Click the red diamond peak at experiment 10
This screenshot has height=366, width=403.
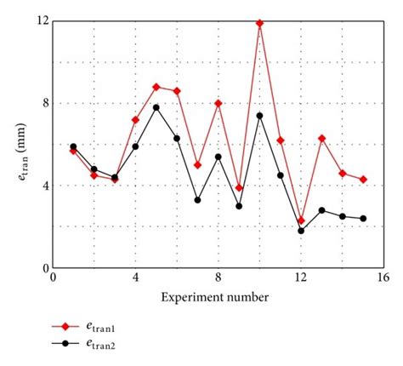pos(259,23)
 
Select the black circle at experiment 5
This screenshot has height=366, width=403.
pos(156,107)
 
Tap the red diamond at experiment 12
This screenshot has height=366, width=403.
pos(301,220)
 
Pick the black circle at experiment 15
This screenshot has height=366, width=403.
pos(363,219)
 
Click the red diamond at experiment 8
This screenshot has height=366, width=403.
pos(219,103)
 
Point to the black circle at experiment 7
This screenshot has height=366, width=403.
pos(197,200)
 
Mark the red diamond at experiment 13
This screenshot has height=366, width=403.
pos(322,138)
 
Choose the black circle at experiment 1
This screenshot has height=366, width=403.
pos(73,146)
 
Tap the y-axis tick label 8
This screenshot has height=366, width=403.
pos(45,103)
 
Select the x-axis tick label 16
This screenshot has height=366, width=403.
pos(383,278)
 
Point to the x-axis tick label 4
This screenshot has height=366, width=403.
pos(135,278)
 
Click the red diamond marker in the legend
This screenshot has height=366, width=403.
pos(63,326)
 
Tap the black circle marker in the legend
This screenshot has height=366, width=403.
pos(63,344)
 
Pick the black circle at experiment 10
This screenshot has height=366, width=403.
pos(259,116)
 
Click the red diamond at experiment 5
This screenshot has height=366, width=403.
pos(156,87)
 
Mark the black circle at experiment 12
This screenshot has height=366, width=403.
pos(301,231)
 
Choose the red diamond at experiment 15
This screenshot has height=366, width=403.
pos(363,180)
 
